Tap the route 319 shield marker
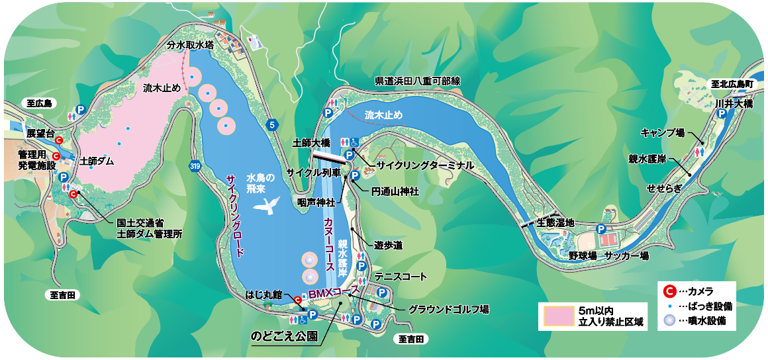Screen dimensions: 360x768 tap(194, 165)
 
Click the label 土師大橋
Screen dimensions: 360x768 tap(311, 142)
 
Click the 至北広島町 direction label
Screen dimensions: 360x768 tap(732, 85)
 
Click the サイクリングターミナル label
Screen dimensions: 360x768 tap(425, 165)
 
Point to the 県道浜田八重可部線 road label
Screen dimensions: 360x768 tap(417, 81)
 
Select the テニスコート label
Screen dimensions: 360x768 tap(401, 277)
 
